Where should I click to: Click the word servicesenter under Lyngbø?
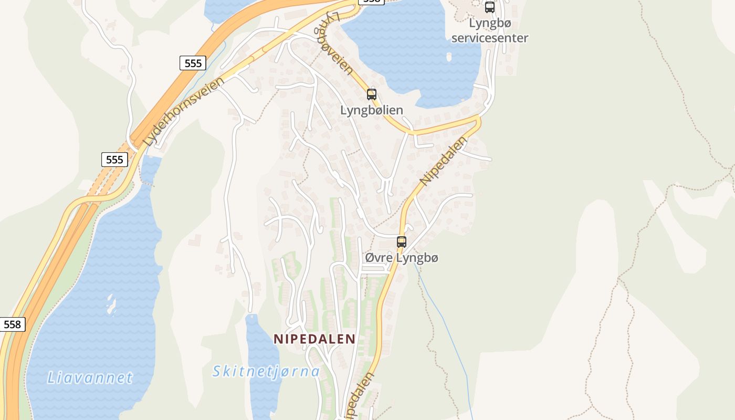(490, 38)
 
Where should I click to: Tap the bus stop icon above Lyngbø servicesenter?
(490, 7)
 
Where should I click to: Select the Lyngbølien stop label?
(372, 110)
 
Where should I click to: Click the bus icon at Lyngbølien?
(372, 94)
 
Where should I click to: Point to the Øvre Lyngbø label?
(402, 258)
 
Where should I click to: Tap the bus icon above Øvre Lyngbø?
(402, 242)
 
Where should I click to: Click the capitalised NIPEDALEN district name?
(314, 339)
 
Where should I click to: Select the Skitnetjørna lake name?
(266, 372)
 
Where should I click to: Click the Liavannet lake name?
(90, 377)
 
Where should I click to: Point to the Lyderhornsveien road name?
(184, 111)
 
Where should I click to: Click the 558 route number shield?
(12, 324)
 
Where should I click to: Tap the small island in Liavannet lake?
(111, 305)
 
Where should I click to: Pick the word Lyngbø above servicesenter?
(490, 24)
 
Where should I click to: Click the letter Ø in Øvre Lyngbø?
(370, 258)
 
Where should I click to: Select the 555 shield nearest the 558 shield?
(114, 160)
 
